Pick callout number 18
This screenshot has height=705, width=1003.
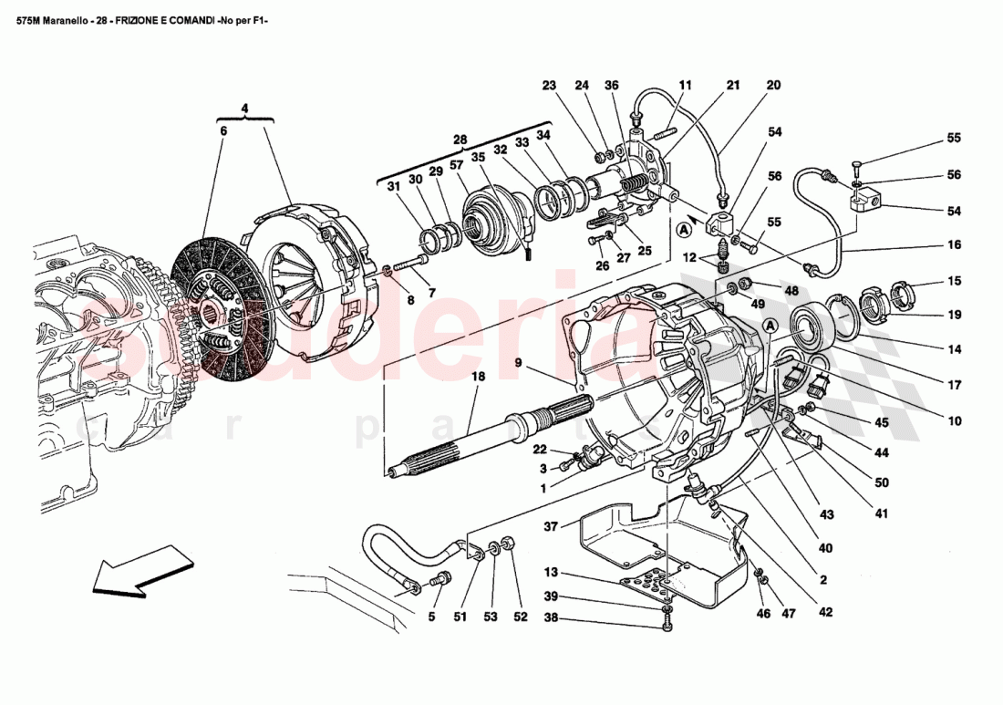pyautogui.click(x=475, y=376)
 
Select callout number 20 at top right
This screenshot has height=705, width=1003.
pyautogui.click(x=773, y=86)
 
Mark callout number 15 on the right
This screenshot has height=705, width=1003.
pyautogui.click(x=954, y=282)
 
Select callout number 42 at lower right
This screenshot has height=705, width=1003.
pyautogui.click(x=826, y=612)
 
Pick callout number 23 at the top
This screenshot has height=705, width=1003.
pyautogui.click(x=548, y=86)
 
